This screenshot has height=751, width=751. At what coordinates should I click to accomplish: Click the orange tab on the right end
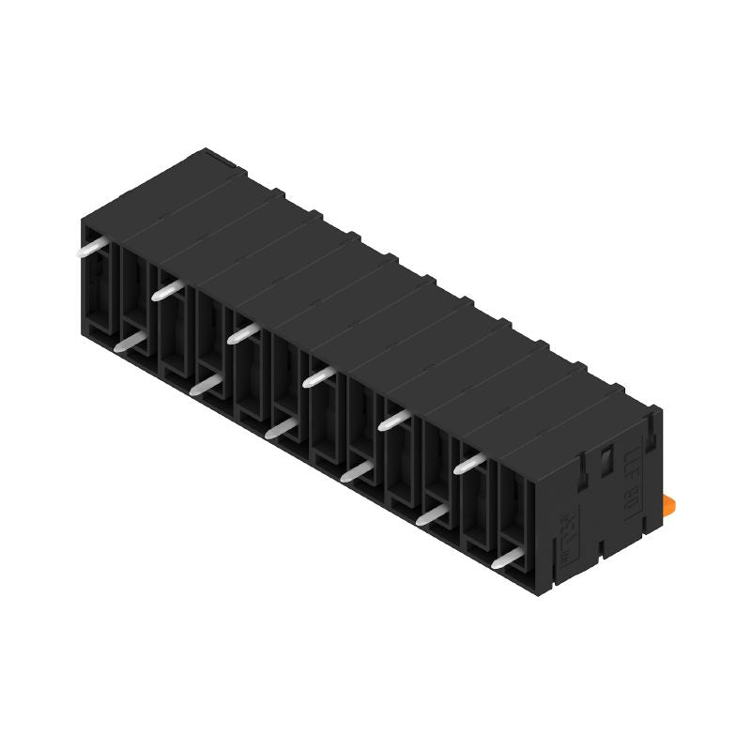click(x=673, y=505)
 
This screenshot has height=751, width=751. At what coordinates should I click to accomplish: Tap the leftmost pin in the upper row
click(x=92, y=248)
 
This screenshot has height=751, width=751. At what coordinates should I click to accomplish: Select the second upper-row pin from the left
click(x=167, y=290)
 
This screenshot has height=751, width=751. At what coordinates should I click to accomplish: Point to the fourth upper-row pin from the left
click(x=320, y=376)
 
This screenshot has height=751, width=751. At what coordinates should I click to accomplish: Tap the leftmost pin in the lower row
click(x=130, y=344)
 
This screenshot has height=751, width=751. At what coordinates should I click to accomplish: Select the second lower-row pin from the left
click(x=205, y=386)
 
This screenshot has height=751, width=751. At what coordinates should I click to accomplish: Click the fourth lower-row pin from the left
click(x=357, y=472)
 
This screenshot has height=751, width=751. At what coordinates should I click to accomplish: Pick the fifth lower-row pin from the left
click(x=433, y=514)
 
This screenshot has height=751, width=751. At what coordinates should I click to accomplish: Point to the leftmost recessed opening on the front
click(x=98, y=282)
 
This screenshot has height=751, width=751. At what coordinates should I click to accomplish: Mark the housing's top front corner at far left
click(x=83, y=218)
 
